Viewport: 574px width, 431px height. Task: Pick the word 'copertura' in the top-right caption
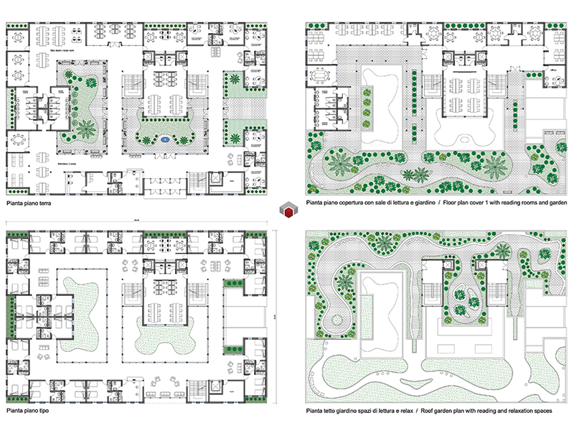352,204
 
